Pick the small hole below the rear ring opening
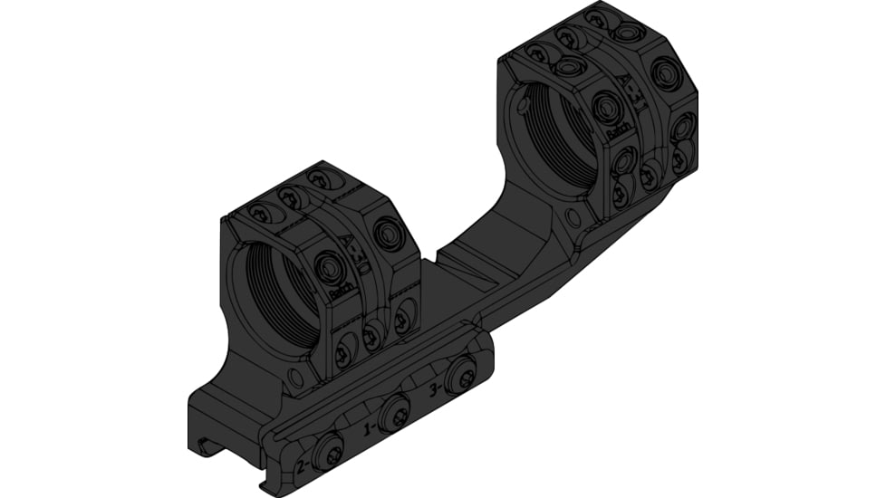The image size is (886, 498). click(x=573, y=218)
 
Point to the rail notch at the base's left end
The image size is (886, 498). click(x=205, y=445)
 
